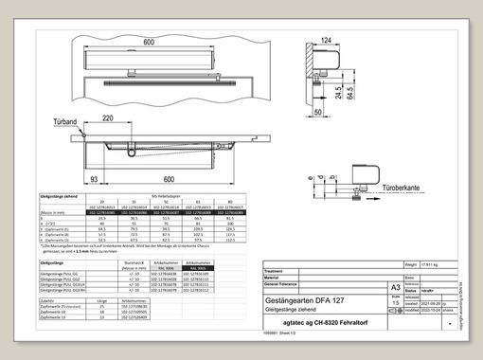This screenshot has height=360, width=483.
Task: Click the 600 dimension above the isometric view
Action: (x=149, y=43)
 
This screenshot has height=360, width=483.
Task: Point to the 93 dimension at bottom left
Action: (x=94, y=177)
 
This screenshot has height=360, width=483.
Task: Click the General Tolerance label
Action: (x=284, y=285)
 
